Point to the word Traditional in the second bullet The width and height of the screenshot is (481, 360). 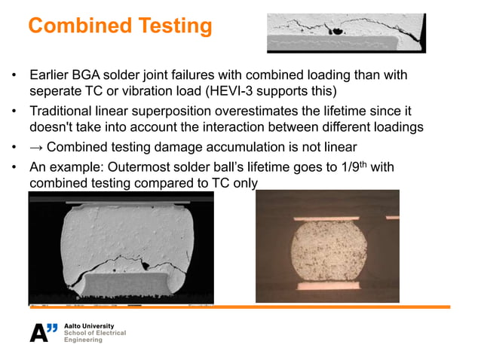(x=60, y=112)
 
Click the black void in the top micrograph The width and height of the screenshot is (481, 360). (x=337, y=32)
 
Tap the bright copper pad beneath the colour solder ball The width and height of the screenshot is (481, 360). (x=326, y=286)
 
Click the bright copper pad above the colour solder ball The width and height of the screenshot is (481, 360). (x=327, y=212)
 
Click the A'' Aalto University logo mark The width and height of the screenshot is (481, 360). (x=44, y=331)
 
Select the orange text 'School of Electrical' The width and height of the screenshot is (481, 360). (x=96, y=333)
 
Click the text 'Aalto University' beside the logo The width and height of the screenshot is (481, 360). (x=90, y=325)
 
